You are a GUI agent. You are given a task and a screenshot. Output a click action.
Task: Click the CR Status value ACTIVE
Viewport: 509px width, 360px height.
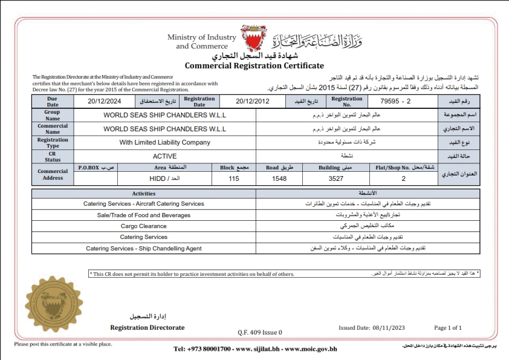(164, 156)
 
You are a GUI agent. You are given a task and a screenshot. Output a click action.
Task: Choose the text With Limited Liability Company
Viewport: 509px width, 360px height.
(165, 142)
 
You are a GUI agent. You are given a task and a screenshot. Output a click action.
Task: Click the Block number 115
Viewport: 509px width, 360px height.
(235, 179)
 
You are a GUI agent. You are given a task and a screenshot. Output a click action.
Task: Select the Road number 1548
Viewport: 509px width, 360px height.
(279, 179)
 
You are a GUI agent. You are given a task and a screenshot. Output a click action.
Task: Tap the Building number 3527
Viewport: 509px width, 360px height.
(336, 179)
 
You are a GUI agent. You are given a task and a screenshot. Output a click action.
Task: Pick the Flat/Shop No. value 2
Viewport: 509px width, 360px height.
(403, 179)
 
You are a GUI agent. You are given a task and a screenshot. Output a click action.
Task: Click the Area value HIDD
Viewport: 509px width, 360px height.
(161, 179)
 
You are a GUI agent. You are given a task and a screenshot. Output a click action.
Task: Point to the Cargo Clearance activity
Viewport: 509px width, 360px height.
(144, 226)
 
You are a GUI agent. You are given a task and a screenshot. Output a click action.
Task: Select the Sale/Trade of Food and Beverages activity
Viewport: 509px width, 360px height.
(144, 215)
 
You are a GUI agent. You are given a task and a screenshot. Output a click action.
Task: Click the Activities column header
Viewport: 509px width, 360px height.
(144, 194)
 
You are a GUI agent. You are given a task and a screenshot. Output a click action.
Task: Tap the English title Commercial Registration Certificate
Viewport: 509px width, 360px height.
(254, 66)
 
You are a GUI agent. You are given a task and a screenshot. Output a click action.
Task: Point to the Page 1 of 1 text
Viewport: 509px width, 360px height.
(448, 328)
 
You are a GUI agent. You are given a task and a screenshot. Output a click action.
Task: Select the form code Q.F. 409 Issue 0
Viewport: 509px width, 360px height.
(260, 332)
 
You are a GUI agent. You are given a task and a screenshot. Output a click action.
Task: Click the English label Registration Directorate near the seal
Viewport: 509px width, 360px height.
(147, 327)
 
